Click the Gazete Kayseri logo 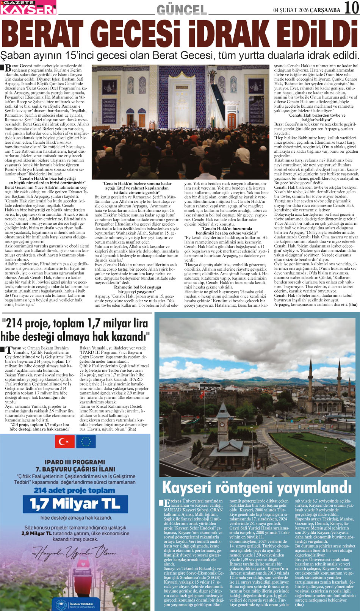tap(28, 7)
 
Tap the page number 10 tap(351, 8)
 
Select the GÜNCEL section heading tap(182, 9)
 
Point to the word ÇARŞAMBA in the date tap(325, 10)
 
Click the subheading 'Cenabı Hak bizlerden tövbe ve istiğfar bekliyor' tap(316, 117)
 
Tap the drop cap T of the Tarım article tap(8, 349)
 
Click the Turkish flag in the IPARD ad tap(65, 442)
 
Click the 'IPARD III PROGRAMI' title tap(75, 462)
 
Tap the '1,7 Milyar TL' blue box tap(75, 504)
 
